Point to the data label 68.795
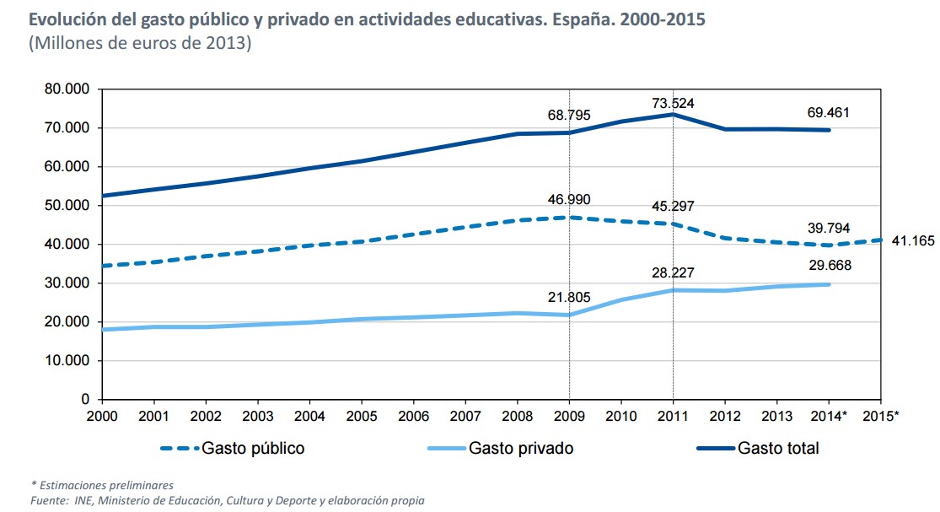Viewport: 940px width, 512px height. pos(570,115)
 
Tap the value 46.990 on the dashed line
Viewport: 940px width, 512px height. pos(568,200)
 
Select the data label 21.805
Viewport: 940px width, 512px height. pos(569,297)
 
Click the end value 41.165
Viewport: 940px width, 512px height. pos(913,241)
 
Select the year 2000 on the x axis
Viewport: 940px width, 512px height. pos(101,416)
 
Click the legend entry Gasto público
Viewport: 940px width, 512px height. pos(253,448)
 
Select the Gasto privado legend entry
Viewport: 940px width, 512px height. pos(521,448)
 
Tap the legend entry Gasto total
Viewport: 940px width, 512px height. pos(778,448)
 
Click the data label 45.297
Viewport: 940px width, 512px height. pos(674,206)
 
